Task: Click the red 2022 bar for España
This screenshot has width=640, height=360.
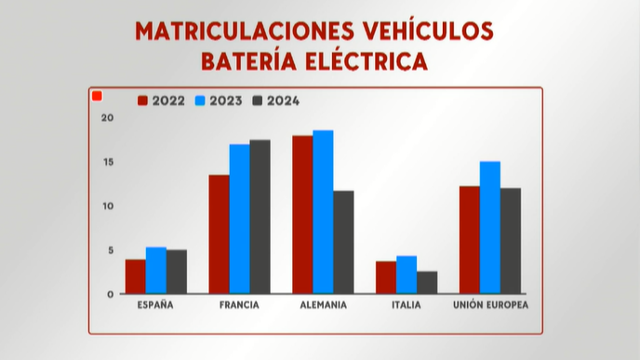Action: tap(135, 276)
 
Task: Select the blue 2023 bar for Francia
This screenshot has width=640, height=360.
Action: tap(239, 219)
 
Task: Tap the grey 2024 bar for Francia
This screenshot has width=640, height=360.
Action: tap(260, 217)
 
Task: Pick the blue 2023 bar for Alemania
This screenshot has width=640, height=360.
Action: tap(323, 212)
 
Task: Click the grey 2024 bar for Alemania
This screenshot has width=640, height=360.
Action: tap(343, 242)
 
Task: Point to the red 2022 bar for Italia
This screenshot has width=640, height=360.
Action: tap(386, 277)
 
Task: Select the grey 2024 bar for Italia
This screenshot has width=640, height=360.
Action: tap(427, 283)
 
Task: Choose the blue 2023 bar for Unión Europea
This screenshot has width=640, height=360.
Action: tap(489, 228)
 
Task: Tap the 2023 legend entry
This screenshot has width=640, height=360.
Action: tap(219, 100)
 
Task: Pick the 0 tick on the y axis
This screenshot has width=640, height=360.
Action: tap(110, 294)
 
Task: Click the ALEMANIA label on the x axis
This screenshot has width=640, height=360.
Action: tap(323, 305)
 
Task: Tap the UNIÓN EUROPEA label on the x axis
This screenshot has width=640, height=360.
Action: tap(489, 305)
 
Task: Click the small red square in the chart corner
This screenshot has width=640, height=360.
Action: tap(97, 95)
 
